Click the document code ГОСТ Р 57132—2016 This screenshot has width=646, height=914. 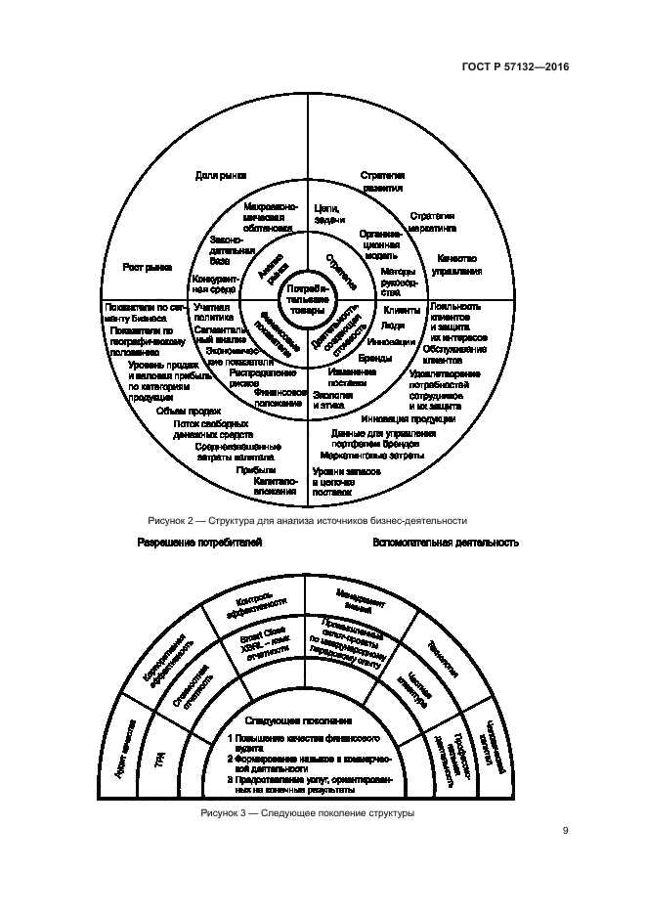click(515, 67)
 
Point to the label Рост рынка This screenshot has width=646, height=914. click(147, 266)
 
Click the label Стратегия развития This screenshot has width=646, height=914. click(382, 181)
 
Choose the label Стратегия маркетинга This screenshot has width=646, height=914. click(432, 220)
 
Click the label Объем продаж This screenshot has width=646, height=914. click(181, 412)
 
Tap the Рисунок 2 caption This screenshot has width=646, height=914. click(307, 521)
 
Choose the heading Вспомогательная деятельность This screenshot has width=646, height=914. click(445, 542)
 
